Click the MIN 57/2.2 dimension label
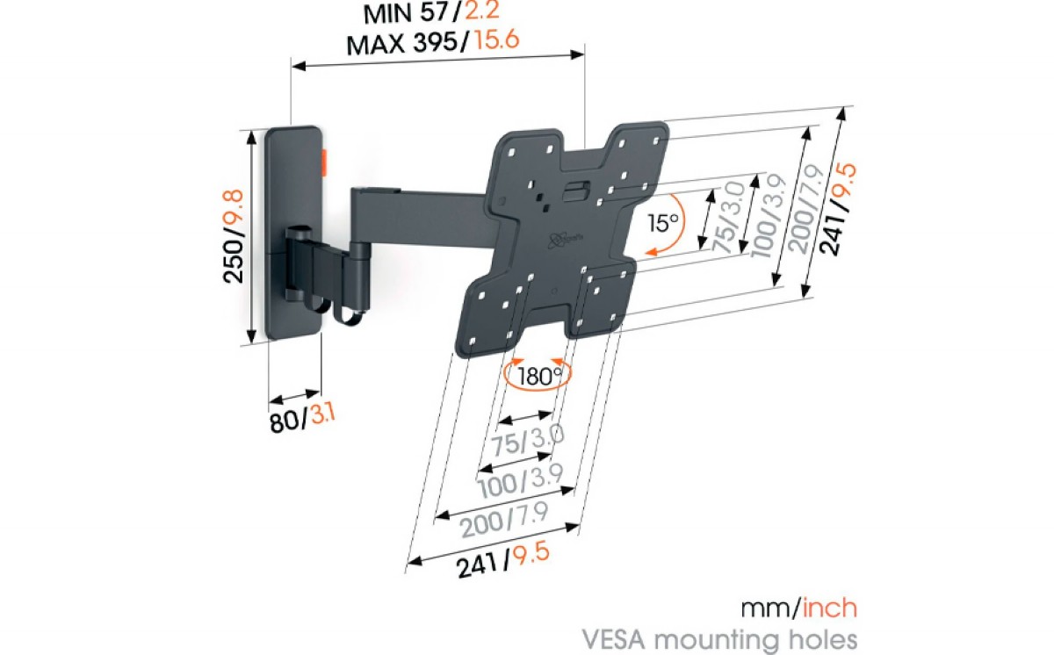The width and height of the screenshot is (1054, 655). [x=431, y=12]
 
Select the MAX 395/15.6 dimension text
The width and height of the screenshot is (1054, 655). [x=433, y=41]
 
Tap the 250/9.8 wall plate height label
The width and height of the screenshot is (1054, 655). [x=234, y=236]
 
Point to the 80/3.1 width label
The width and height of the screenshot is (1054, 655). [x=302, y=419]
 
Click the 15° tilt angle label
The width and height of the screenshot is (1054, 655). [x=662, y=222]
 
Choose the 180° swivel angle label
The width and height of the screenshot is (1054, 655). [x=539, y=376]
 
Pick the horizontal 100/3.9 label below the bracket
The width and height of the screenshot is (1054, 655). [x=520, y=479]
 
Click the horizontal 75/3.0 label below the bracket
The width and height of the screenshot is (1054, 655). [x=527, y=440]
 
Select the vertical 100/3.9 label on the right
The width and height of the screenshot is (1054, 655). [x=769, y=215]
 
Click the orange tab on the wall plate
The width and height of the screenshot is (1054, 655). [x=324, y=162]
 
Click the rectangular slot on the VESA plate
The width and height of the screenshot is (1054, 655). [x=576, y=191]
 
